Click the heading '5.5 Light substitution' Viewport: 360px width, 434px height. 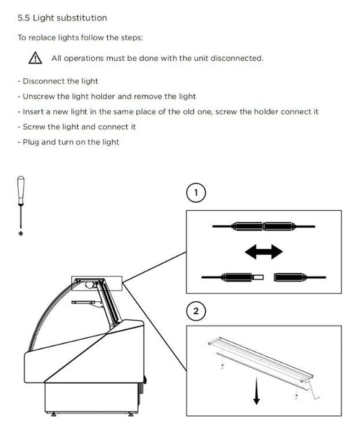62,18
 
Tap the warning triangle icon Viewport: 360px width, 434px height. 35,58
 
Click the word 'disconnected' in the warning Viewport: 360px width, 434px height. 237,58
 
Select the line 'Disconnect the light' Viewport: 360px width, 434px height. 58,81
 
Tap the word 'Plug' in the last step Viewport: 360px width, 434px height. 31,142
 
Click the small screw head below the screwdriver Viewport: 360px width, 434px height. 20,234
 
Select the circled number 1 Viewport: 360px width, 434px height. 196,192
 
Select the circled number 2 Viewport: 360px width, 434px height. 196,311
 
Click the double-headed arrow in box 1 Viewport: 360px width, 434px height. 264,252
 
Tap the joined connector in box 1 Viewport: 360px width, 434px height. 263,226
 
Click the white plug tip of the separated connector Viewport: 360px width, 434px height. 259,277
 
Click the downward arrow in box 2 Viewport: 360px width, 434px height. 257,391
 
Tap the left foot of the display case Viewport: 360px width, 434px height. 53,414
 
